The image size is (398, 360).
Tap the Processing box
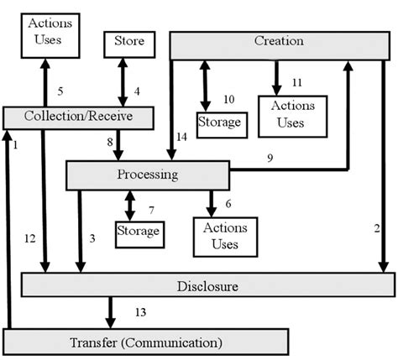(147, 175)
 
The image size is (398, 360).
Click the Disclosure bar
(207, 285)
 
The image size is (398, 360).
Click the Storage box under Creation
(220, 123)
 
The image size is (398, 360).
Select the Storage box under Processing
(139, 229)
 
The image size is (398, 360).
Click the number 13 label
(142, 313)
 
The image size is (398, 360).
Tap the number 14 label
(182, 137)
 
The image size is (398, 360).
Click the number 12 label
(29, 239)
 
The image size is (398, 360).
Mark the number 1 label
(15, 144)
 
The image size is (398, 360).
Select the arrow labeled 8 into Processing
(118, 144)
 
